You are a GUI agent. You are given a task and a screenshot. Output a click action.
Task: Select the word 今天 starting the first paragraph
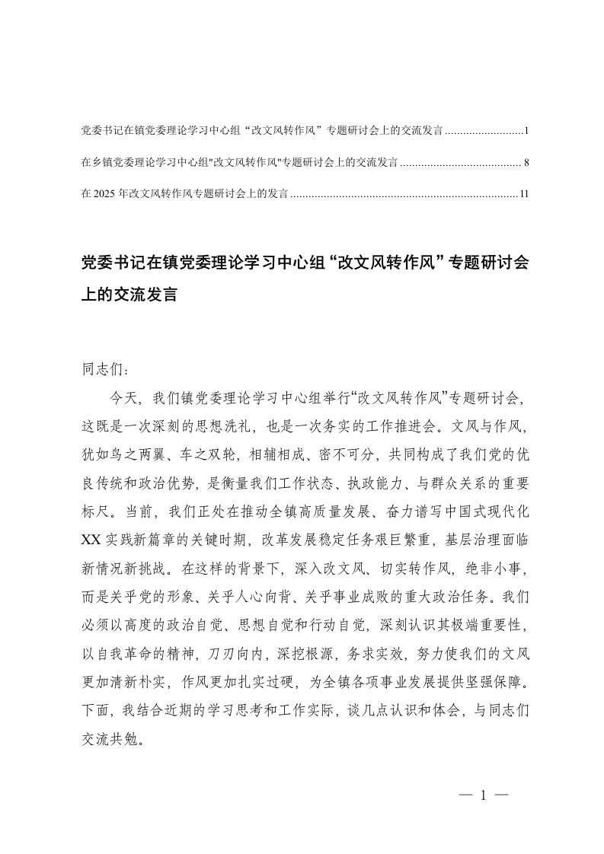coord(124,397)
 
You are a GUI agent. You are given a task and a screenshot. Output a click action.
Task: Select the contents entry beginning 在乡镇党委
coord(239,163)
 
